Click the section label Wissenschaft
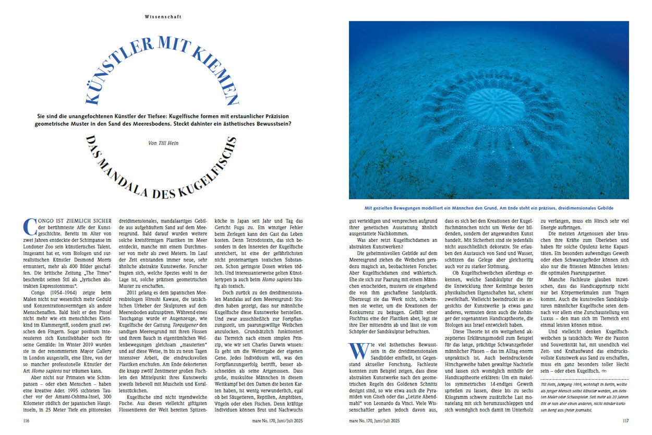(x=163, y=17)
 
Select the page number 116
(x=27, y=419)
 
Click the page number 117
(x=625, y=419)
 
